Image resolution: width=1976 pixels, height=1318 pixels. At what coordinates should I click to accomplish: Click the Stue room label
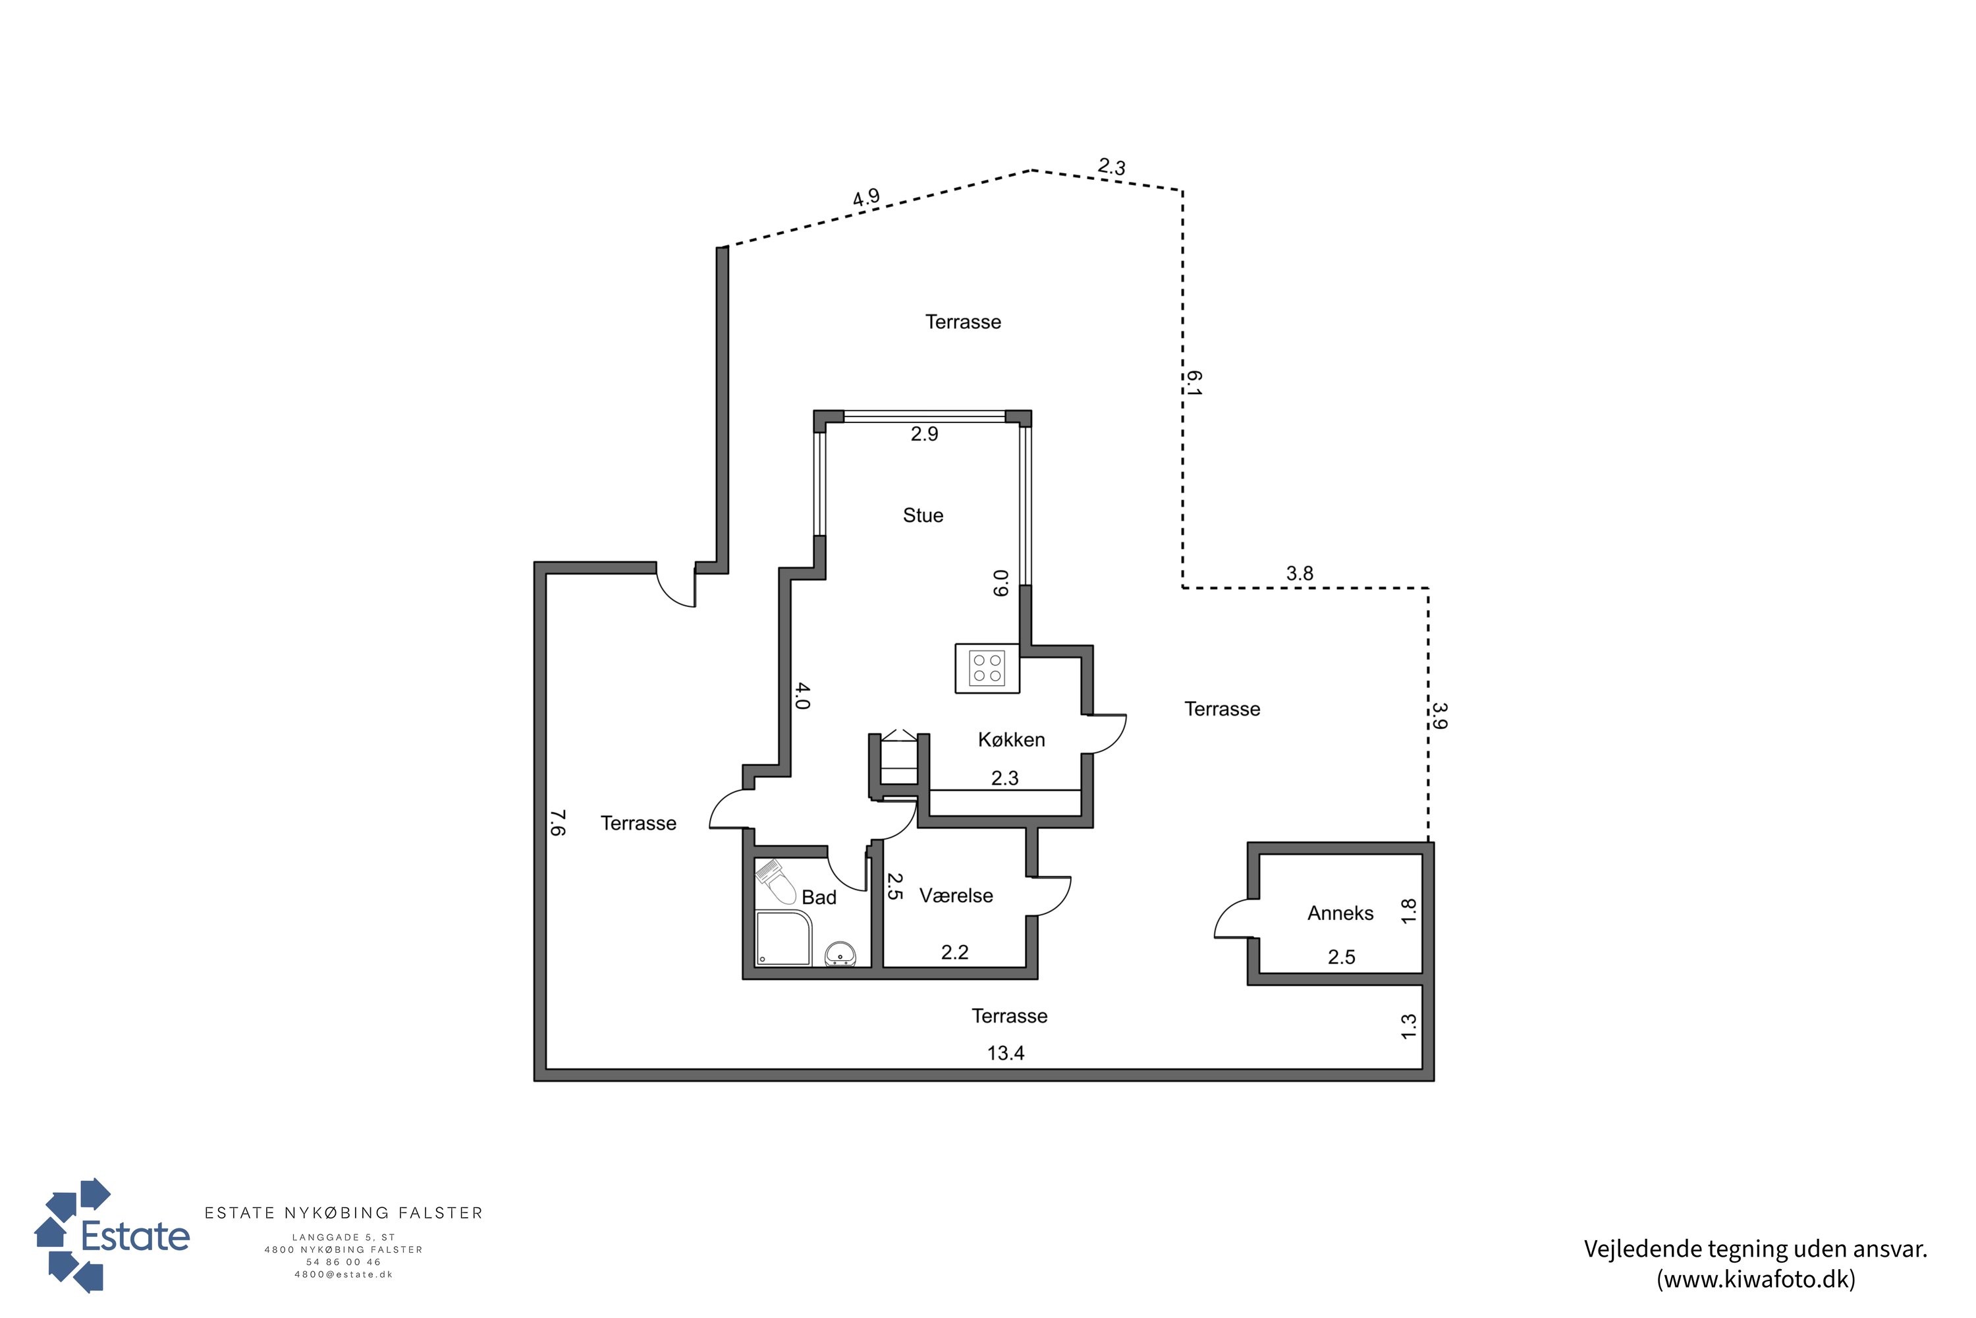(x=923, y=515)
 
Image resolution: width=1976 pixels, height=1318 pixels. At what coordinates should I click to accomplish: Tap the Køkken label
(x=1012, y=739)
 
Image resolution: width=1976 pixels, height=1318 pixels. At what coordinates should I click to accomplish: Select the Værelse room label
(x=956, y=896)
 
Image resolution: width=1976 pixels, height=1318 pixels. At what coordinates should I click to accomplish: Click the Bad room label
(x=819, y=898)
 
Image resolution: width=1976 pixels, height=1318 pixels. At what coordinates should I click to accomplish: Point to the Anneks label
(x=1341, y=913)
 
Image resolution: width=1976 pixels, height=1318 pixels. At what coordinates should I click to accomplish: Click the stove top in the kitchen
(x=987, y=668)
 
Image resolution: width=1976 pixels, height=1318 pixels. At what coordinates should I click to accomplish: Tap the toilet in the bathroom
(x=777, y=880)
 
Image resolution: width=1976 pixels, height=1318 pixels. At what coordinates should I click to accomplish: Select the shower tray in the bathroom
(x=783, y=938)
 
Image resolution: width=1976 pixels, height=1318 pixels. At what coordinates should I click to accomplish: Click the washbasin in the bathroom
(x=840, y=954)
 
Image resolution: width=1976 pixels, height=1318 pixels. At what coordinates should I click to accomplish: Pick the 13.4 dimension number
(x=1006, y=1053)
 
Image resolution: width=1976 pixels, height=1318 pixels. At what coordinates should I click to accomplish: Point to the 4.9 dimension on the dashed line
(x=866, y=198)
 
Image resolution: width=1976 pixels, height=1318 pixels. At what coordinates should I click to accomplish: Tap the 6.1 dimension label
(x=1194, y=384)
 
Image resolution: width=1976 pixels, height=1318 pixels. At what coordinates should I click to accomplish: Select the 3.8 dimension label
(x=1300, y=573)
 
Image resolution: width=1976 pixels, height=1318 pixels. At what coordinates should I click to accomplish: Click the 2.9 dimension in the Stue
(x=924, y=434)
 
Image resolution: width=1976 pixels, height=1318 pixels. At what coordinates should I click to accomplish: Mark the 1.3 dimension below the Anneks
(x=1409, y=1026)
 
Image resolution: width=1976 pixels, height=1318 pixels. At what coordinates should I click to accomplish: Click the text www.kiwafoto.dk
(x=1756, y=1279)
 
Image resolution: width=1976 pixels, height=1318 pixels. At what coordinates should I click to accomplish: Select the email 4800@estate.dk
(x=344, y=1275)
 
